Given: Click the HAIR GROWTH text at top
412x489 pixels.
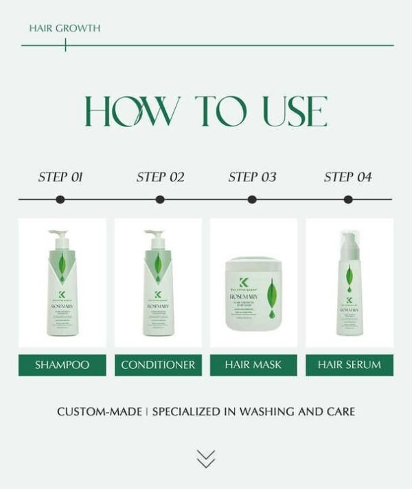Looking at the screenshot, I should pyautogui.click(x=65, y=29).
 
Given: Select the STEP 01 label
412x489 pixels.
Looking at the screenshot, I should pyautogui.click(x=60, y=177).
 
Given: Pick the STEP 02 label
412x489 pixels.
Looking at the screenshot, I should pyautogui.click(x=160, y=177).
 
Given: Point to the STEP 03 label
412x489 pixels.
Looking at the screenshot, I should pyautogui.click(x=252, y=177).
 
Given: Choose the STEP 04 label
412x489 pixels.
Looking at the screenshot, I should pyautogui.click(x=347, y=177).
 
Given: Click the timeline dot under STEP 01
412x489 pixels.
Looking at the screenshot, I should pyautogui.click(x=60, y=200).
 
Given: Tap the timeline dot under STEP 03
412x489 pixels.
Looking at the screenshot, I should pyautogui.click(x=252, y=200).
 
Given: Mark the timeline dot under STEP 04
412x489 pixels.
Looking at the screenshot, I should pyautogui.click(x=348, y=200).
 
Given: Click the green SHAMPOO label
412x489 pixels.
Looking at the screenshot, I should pyautogui.click(x=62, y=365).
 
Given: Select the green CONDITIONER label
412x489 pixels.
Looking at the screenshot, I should pyautogui.click(x=158, y=365).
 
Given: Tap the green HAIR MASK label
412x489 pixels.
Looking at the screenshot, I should pyautogui.click(x=253, y=365).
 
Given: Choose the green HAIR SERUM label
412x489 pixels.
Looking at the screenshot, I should pyautogui.click(x=349, y=365).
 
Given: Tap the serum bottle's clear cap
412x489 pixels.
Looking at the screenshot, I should pyautogui.click(x=350, y=244).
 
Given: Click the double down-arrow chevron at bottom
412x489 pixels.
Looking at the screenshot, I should pyautogui.click(x=205, y=459).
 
